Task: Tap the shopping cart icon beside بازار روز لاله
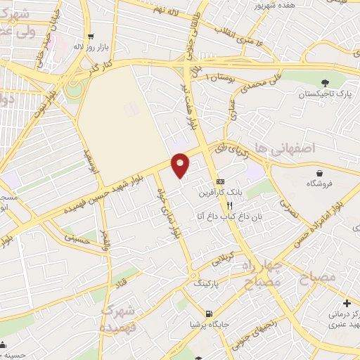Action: click(x=90, y=37)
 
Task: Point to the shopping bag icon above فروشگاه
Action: click(x=320, y=173)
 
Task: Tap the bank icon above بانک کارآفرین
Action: click(x=220, y=181)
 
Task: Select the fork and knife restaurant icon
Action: click(x=229, y=205)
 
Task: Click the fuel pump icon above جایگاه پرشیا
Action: click(x=208, y=314)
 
